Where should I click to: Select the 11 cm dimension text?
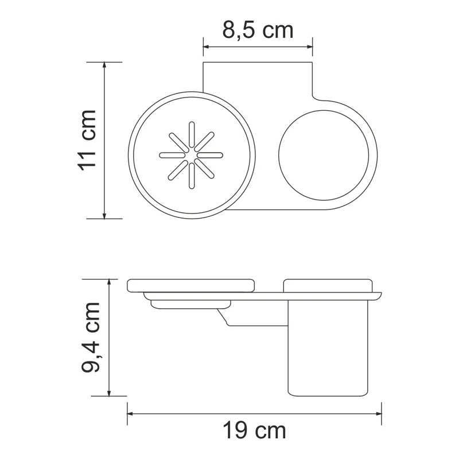[87, 139]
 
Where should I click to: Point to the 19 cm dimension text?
[254, 429]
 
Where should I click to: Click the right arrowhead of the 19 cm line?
[379, 413]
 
